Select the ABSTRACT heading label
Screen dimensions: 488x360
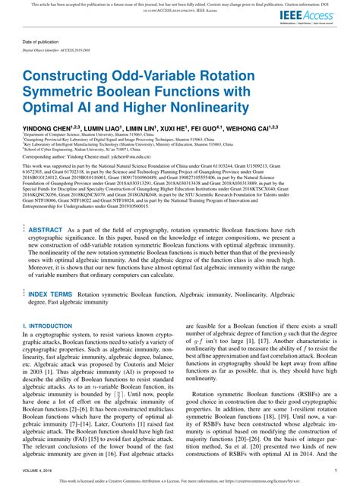(x=46, y=208)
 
